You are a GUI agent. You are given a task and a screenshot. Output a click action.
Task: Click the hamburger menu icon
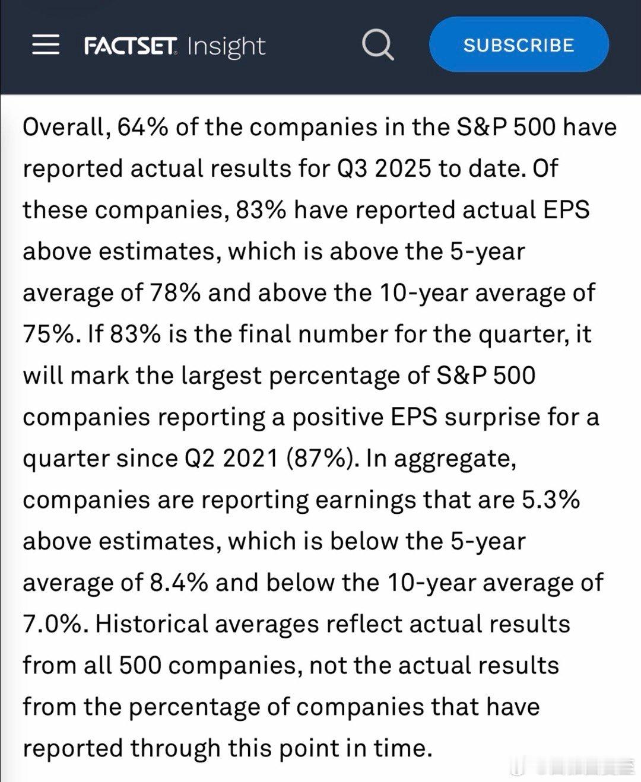pos(46,45)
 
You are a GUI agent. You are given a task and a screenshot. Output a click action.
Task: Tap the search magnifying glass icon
pos(377,45)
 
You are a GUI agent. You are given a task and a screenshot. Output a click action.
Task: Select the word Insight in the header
pos(226,46)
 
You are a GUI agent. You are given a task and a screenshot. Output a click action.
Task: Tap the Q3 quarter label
pos(353,169)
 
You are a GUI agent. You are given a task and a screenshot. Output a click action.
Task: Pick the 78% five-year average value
pos(174,293)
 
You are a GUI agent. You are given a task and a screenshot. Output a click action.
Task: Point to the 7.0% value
pos(52,624)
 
